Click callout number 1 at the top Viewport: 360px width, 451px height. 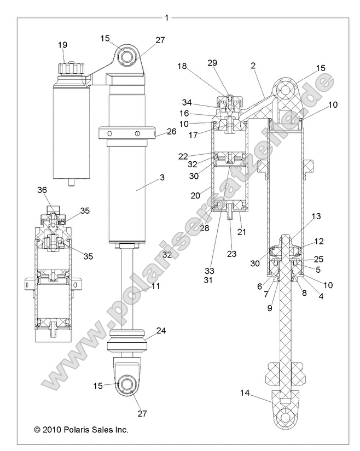point(166,17)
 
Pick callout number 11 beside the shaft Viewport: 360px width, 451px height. point(155,286)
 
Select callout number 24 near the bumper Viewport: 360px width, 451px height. point(160,330)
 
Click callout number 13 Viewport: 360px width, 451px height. point(316,216)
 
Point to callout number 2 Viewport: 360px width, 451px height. point(253,66)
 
